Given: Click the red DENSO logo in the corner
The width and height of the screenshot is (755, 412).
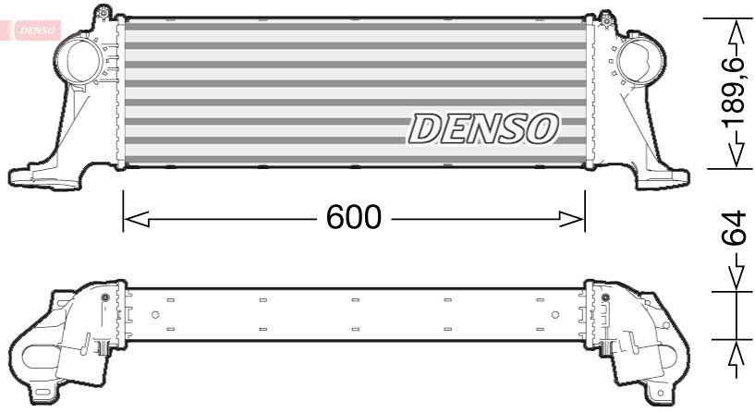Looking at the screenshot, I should pos(33,30).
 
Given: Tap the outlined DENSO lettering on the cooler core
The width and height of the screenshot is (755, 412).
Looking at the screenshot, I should pos(482,129).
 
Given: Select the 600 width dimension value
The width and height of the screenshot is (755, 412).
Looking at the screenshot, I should pos(353,217).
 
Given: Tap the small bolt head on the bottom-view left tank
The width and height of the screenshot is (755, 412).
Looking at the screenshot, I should pos(104,297).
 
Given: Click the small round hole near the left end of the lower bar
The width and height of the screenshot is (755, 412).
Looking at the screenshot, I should pos(154,315).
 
